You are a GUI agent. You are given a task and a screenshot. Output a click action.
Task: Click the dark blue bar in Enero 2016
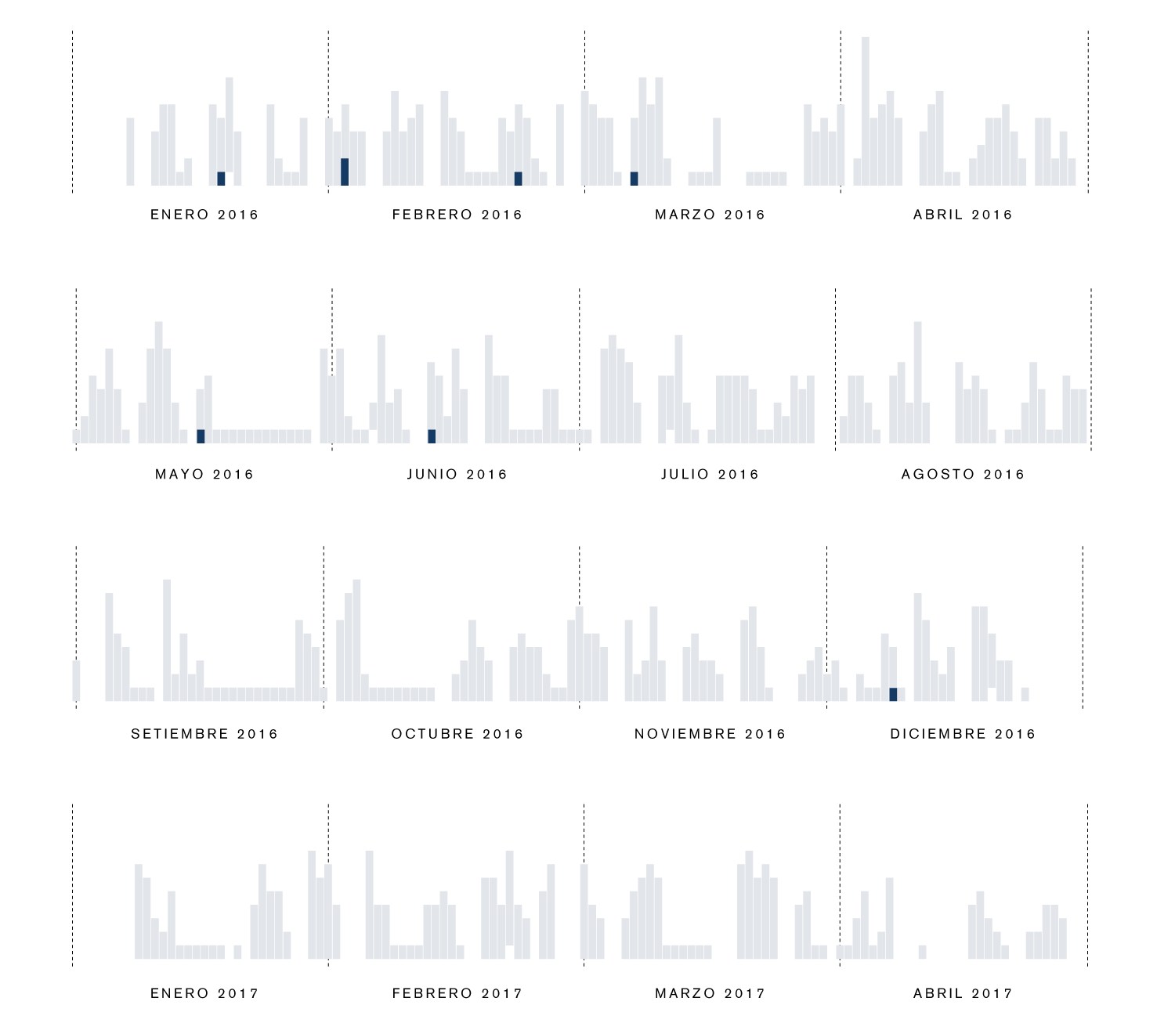click(221, 179)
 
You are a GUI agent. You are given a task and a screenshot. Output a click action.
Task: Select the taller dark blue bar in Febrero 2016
click(345, 172)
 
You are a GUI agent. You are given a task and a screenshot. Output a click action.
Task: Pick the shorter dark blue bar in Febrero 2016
click(518, 179)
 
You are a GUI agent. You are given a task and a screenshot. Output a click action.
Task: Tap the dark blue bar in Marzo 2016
click(634, 179)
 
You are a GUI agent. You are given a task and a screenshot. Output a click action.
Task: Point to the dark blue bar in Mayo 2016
click(201, 436)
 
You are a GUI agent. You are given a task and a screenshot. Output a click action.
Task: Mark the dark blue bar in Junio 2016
click(432, 436)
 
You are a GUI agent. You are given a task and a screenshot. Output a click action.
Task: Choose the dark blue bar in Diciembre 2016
click(893, 694)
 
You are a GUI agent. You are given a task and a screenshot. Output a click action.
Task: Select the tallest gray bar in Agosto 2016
click(917, 382)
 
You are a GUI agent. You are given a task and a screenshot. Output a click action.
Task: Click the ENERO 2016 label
click(204, 215)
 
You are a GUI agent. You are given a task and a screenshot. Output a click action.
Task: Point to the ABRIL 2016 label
click(963, 215)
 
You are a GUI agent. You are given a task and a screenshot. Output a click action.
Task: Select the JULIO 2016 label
click(710, 474)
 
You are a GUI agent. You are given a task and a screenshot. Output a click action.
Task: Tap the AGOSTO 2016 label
click(963, 474)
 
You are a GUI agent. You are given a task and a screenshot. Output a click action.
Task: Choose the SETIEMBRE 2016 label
click(204, 734)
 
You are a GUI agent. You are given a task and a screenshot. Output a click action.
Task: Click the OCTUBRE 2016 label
click(457, 734)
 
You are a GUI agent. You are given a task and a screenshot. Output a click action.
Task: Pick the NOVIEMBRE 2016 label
click(710, 734)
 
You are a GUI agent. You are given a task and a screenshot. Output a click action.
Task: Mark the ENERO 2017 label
click(204, 993)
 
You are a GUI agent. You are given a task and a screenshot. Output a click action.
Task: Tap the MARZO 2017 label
click(710, 993)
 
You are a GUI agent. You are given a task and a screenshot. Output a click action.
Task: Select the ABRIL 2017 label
click(963, 993)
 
